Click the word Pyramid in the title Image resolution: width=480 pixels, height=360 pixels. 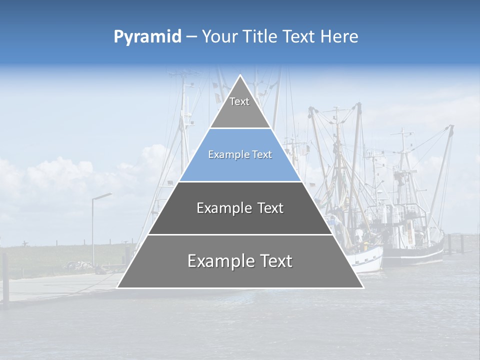coord(147,36)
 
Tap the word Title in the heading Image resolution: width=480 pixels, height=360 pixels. coord(261,36)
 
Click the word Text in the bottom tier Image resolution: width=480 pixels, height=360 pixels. coord(273,261)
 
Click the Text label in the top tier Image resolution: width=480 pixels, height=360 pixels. coord(239,101)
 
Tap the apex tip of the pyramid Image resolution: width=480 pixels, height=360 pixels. coord(240,76)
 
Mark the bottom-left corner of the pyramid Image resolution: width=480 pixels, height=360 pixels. coord(118,287)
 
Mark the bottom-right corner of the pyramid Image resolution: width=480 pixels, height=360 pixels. coord(362,287)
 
